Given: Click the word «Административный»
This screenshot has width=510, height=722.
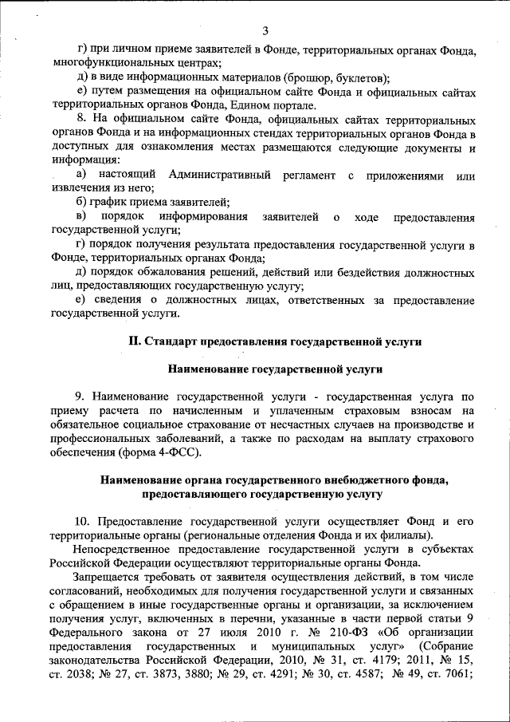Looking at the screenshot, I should pos(219,175).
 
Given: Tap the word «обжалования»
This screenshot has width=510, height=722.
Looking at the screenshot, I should pos(174,272).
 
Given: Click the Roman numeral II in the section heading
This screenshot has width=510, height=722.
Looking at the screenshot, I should pos(135,341).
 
